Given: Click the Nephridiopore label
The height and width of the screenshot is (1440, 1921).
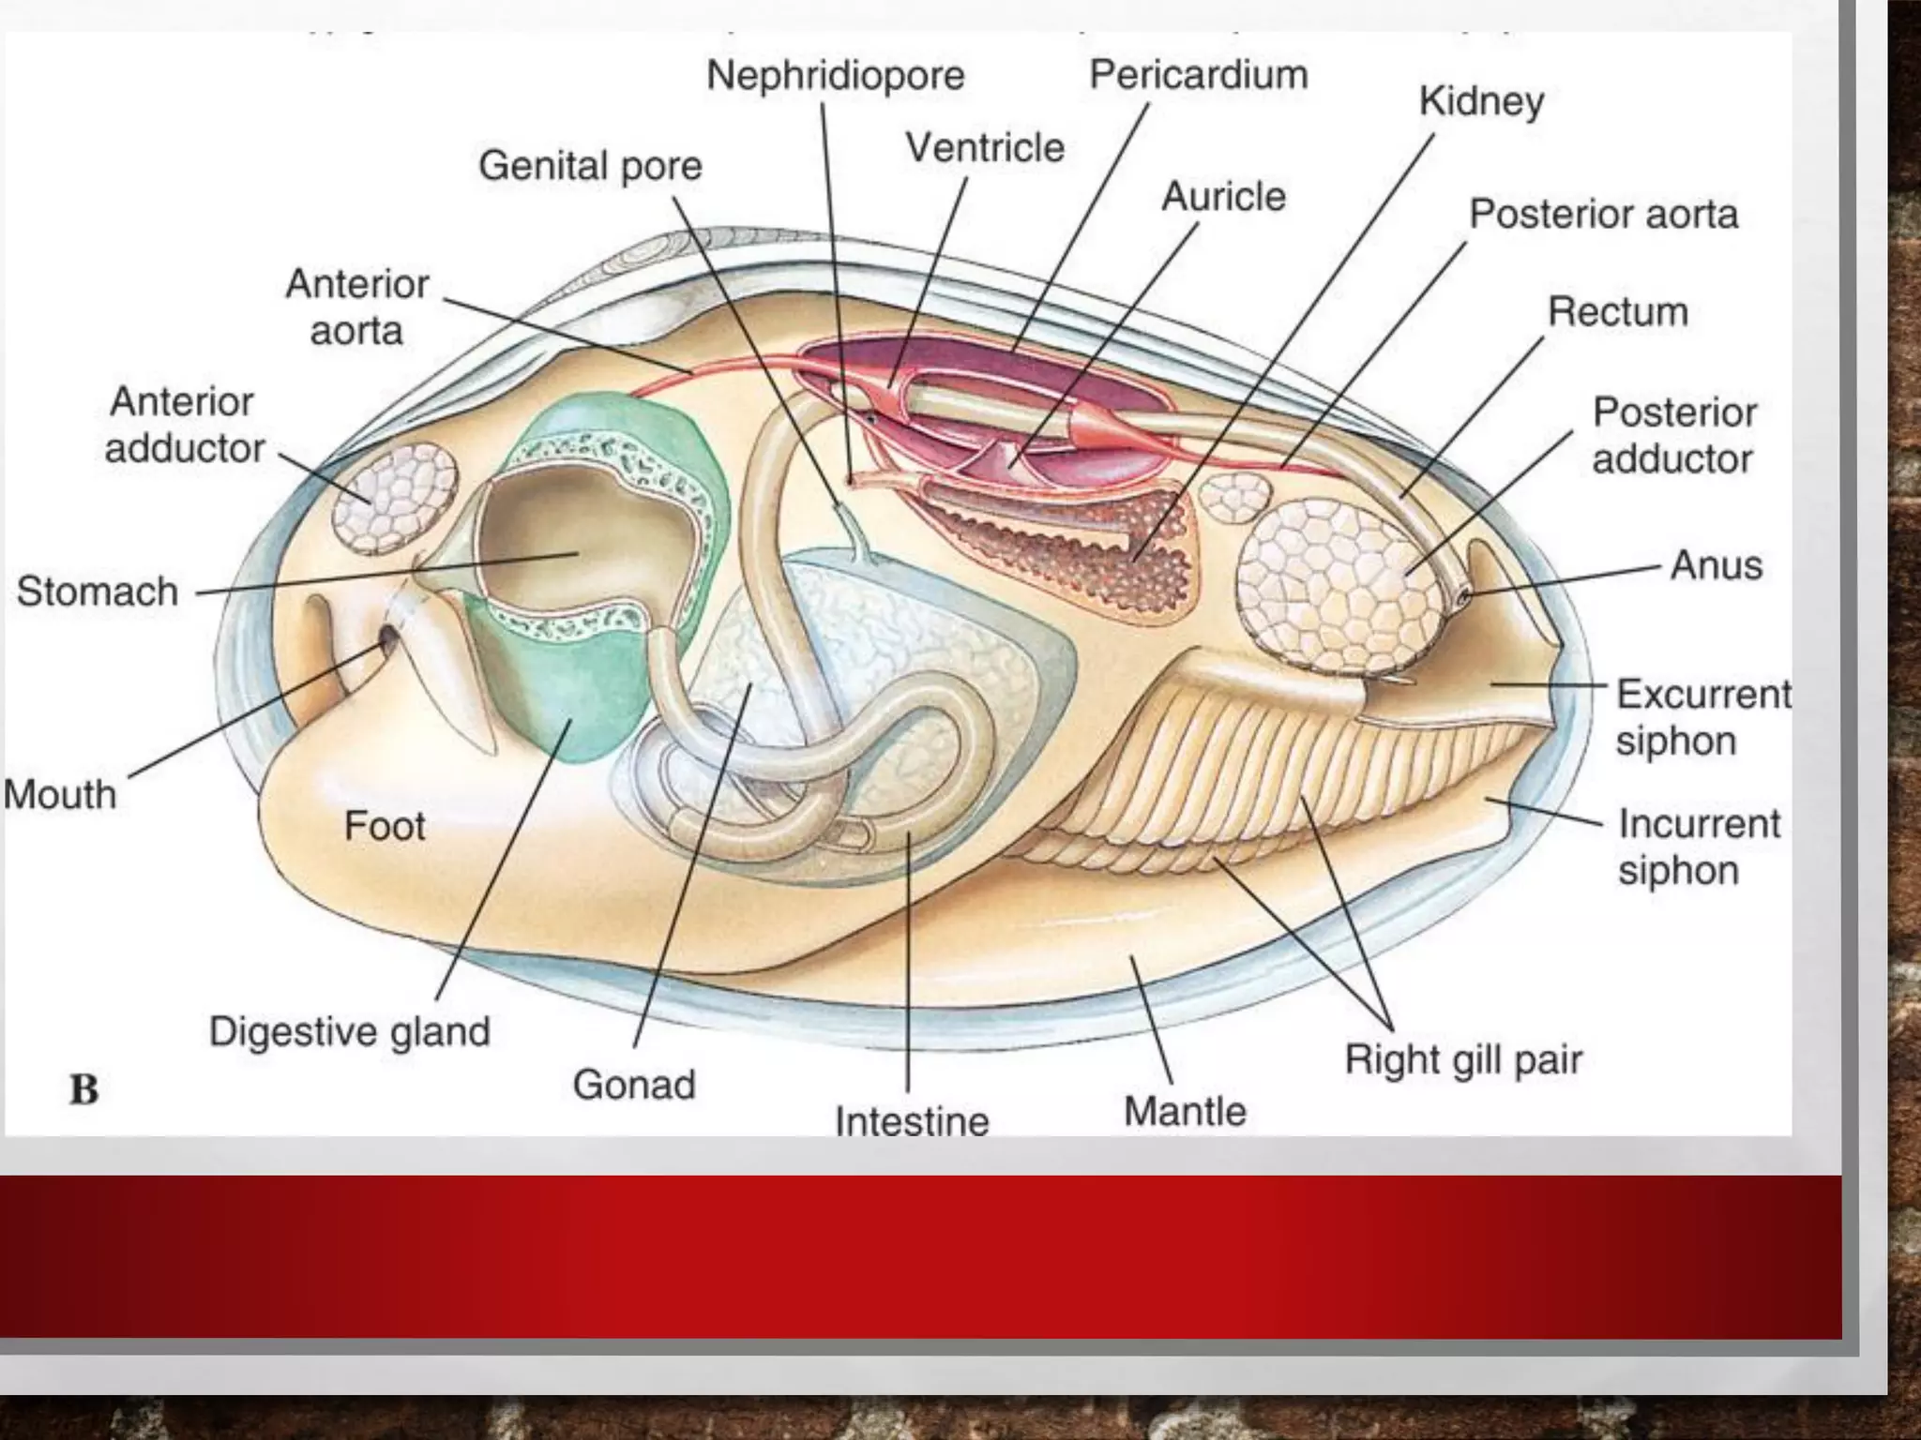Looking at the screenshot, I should click(835, 76).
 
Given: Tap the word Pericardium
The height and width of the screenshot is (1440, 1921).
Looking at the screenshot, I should click(1198, 74).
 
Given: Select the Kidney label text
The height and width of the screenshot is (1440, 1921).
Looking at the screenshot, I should click(1480, 101).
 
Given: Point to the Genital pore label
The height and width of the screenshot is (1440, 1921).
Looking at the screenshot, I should click(590, 166).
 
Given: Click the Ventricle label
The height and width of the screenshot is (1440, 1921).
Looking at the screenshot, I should click(984, 147).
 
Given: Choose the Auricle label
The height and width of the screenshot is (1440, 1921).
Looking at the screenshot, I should click(1223, 196).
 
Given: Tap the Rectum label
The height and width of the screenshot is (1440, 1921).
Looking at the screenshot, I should click(1617, 311).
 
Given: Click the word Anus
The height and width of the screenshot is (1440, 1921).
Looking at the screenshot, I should click(1716, 565).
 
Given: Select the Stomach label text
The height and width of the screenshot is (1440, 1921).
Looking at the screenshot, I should click(98, 592).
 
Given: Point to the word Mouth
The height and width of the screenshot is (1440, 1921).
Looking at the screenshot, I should click(60, 794).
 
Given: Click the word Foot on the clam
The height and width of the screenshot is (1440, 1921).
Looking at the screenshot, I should click(385, 826).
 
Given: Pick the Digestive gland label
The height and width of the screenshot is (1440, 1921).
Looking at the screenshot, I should click(349, 1031).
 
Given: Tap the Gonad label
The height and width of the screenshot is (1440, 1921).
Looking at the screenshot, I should click(634, 1085).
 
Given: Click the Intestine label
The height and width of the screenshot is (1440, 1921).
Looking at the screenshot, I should click(912, 1121).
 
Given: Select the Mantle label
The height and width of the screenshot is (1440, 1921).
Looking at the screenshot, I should click(1185, 1111).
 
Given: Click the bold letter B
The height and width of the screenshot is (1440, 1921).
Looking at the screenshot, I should click(84, 1089).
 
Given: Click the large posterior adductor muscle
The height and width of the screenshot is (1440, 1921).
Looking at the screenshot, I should click(1337, 586).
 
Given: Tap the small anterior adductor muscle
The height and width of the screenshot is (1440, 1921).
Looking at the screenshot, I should click(395, 497).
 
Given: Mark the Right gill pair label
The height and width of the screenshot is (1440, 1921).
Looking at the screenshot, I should click(1463, 1060).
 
